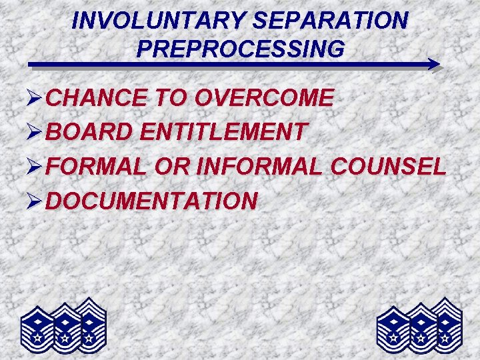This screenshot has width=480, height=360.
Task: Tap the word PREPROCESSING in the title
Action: point(240,49)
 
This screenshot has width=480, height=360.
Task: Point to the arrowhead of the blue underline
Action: point(434,65)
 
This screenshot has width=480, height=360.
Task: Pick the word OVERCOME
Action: point(263,98)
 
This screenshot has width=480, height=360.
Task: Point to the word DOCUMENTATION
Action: point(151,200)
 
